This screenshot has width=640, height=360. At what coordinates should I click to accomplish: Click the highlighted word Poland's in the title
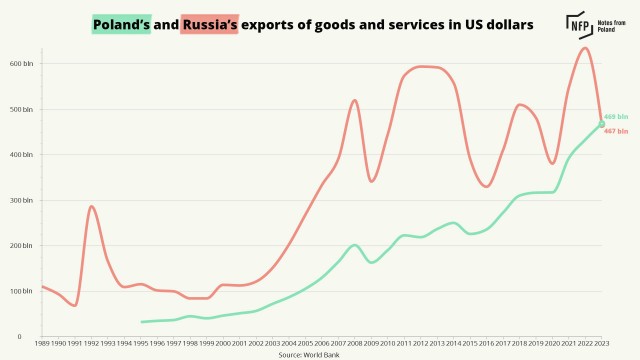point(120,22)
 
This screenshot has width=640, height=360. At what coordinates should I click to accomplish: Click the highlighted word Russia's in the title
point(209,22)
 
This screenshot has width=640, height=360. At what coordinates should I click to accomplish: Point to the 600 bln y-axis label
point(22,64)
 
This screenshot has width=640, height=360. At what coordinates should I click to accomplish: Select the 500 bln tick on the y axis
point(22,109)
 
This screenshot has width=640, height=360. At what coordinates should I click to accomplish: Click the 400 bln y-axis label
point(22,155)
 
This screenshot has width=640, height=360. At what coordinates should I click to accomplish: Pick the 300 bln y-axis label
point(22,200)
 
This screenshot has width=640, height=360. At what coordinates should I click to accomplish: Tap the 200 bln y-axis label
point(22,246)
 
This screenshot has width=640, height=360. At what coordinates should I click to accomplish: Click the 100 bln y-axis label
point(22,291)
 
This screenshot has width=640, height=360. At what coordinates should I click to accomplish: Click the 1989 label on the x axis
point(43,343)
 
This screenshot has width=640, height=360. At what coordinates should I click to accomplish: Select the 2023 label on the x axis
point(601,343)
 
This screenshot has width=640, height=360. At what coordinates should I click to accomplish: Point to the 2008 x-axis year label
point(355,343)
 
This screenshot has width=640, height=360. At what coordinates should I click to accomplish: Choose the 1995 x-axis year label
point(142,343)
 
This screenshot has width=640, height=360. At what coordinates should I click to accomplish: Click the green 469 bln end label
point(617,117)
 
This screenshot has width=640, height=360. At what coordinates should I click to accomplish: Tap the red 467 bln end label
point(617,131)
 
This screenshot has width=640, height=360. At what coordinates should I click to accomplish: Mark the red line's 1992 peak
point(92,207)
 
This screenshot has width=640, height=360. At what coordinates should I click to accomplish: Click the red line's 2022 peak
point(585,48)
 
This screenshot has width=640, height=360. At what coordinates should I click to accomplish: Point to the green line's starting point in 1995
point(142,322)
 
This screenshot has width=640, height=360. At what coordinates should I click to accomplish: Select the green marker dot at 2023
point(602,123)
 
